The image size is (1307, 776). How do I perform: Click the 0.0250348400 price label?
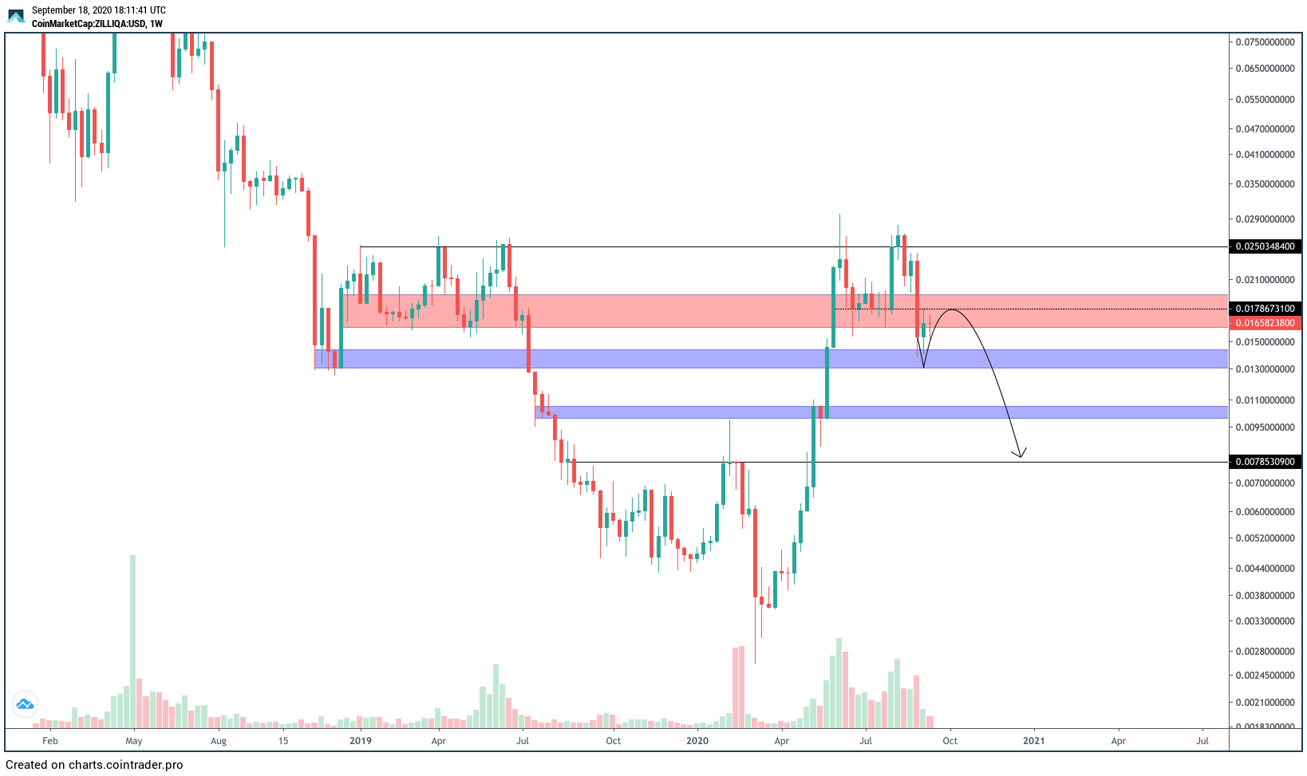tap(1265, 246)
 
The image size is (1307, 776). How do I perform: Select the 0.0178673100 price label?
tap(1265, 309)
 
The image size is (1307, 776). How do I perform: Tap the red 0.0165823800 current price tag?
tap(1265, 323)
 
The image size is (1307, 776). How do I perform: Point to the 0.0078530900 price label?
tap(1265, 462)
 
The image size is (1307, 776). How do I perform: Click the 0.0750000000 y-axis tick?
tap(1265, 42)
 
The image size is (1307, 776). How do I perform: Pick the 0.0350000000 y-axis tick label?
tap(1265, 184)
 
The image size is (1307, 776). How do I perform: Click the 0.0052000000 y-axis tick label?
tap(1265, 538)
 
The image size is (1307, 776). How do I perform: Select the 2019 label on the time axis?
tap(361, 741)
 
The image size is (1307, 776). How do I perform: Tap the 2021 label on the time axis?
tap(1033, 741)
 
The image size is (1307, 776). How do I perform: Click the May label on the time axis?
tap(134, 741)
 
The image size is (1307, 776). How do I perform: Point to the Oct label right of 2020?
tap(950, 741)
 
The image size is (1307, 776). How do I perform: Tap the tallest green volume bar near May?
tap(132, 638)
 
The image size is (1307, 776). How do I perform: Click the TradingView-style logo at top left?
tap(16, 16)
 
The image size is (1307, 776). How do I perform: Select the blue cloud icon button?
tap(25, 704)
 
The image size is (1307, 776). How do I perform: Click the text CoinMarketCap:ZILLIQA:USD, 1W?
tap(97, 24)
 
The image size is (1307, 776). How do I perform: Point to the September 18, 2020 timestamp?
tap(99, 10)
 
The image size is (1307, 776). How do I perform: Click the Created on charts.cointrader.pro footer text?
tap(94, 765)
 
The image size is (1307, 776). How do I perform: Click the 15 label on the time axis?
tap(283, 741)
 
